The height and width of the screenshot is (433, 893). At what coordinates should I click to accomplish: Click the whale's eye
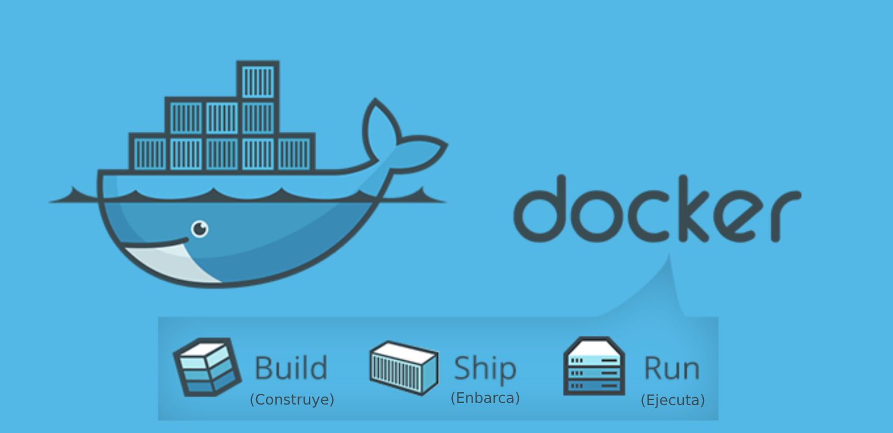pyautogui.click(x=200, y=229)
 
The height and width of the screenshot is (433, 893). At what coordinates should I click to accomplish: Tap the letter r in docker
pyautogui.click(x=784, y=215)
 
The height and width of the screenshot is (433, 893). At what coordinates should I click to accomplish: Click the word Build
pyautogui.click(x=291, y=368)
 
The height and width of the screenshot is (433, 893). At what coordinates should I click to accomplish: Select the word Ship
pyautogui.click(x=485, y=369)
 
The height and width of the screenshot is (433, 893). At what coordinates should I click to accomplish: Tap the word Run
pyautogui.click(x=672, y=369)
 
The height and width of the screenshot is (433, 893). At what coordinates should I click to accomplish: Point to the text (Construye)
pyautogui.click(x=292, y=400)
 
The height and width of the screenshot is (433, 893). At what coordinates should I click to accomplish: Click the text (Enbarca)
pyautogui.click(x=485, y=398)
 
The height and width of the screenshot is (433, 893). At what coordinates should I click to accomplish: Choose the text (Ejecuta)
pyautogui.click(x=673, y=400)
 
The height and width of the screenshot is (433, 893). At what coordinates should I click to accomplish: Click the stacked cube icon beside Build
pyautogui.click(x=207, y=367)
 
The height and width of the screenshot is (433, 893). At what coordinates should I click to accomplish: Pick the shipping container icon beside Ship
pyautogui.click(x=404, y=368)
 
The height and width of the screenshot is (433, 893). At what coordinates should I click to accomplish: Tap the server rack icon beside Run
pyautogui.click(x=593, y=367)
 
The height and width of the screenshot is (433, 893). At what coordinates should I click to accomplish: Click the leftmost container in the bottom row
pyautogui.click(x=149, y=153)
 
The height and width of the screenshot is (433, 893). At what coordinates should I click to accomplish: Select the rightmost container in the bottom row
pyautogui.click(x=294, y=153)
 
